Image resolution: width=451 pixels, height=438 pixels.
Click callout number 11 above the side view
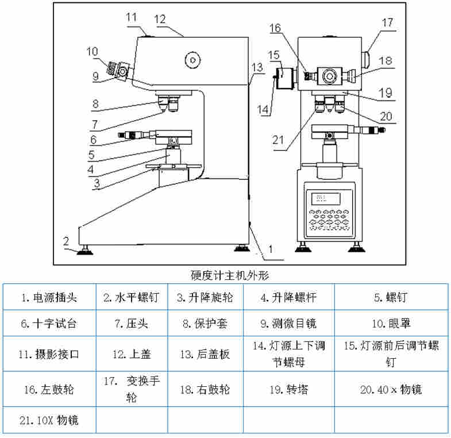coord(132,17)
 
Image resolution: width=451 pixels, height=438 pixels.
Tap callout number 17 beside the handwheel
coord(387,22)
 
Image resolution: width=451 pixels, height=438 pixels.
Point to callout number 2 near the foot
coord(66,240)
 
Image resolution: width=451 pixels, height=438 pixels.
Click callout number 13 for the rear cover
coord(257,66)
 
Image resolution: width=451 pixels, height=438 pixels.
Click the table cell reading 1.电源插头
coord(49,297)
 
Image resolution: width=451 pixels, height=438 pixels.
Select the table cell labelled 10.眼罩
coord(391,324)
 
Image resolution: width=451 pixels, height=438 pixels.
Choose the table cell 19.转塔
coord(289,389)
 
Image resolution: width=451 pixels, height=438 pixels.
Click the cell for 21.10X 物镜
coord(49,421)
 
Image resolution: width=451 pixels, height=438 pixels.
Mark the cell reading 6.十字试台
coord(49,324)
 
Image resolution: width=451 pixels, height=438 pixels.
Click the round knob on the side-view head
coord(191,59)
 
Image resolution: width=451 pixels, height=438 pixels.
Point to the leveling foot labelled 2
coord(87,248)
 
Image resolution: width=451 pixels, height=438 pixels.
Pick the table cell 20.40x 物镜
coord(391,389)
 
